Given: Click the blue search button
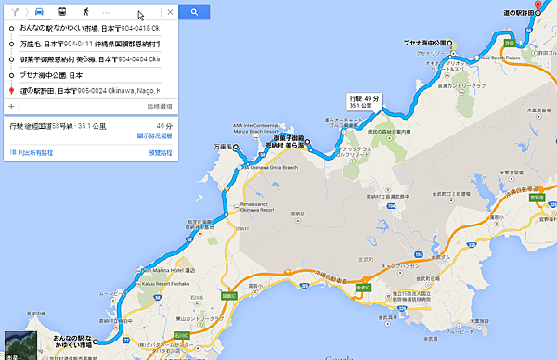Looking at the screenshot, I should pos(193,13).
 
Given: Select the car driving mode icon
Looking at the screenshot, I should pos(40,13).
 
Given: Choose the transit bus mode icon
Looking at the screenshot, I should pos(62,13).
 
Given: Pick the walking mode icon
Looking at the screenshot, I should pos(85,13).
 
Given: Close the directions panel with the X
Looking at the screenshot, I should pos(169,13).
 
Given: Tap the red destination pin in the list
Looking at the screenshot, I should pos(10,91).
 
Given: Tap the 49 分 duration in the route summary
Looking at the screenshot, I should pos(164,125).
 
